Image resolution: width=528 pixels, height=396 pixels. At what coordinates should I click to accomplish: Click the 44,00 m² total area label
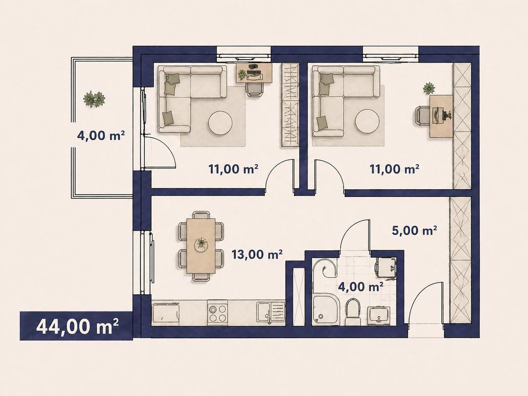pos(77,326)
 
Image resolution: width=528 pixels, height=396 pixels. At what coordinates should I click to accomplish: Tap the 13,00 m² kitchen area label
pos(257,254)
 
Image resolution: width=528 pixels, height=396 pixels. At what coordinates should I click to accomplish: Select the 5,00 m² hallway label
pos(415,231)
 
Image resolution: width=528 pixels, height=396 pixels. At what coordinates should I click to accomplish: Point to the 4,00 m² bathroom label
pos(361,287)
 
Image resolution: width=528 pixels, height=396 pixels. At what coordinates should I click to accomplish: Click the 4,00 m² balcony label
pos(101,136)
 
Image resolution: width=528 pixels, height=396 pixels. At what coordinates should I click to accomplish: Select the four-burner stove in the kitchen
pos(218,313)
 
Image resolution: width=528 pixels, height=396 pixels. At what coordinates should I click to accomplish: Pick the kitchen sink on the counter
pos(270,312)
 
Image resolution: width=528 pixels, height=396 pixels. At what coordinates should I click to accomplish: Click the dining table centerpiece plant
pos(201,244)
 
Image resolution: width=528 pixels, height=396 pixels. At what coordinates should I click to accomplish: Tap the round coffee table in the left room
pos(220,123)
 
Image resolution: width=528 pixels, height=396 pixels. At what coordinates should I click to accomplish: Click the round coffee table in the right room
pos(368,123)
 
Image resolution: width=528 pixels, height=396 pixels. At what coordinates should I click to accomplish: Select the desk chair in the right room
pos(422,116)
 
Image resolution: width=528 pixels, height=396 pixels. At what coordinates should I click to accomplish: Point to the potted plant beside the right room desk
pos(429,88)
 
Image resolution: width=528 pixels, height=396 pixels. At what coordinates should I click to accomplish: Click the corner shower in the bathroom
pos(325,309)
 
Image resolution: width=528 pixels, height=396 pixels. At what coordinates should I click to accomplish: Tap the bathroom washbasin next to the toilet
pos(379,315)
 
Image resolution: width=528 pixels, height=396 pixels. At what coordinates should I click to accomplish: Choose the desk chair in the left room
pos(255,89)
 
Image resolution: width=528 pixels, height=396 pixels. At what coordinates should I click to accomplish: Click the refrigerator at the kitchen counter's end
pos(165,313)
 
